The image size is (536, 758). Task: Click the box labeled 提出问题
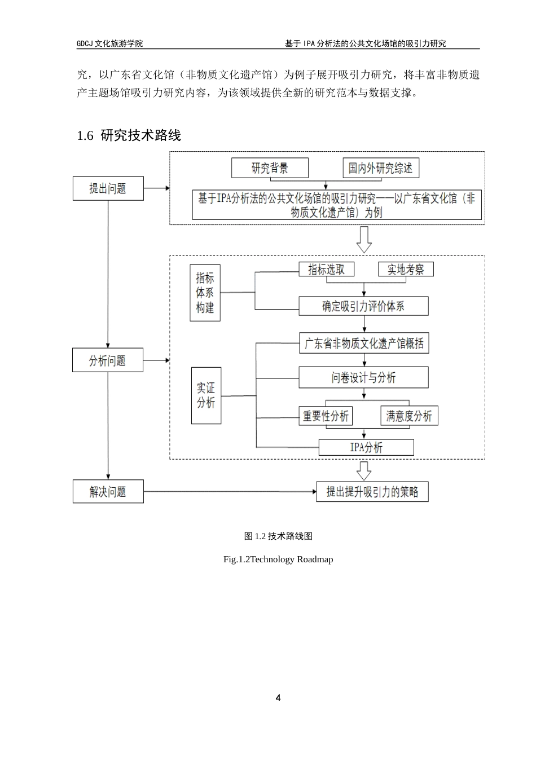click(x=108, y=188)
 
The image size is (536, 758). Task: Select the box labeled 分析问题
click(x=107, y=360)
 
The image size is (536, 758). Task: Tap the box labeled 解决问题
click(x=108, y=492)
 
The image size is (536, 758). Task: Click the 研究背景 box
click(x=270, y=168)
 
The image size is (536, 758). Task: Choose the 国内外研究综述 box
click(x=380, y=168)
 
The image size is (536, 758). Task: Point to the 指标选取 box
click(x=326, y=270)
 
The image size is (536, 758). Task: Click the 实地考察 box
click(x=405, y=270)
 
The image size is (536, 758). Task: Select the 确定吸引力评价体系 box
click(x=363, y=306)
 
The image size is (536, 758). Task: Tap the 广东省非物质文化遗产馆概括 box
click(x=363, y=343)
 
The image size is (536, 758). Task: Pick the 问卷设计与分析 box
click(x=363, y=377)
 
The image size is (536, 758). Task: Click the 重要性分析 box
click(x=326, y=416)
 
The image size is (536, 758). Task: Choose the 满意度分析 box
click(x=409, y=416)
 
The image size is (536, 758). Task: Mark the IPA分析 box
click(x=366, y=448)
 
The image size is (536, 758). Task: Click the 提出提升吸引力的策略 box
click(x=372, y=492)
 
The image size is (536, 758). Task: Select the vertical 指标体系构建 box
click(x=205, y=293)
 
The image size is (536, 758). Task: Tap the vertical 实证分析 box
click(x=206, y=395)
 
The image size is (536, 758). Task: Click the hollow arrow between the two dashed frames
click(x=364, y=240)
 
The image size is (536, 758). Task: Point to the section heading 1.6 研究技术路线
click(x=129, y=135)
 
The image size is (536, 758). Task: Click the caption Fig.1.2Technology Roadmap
click(x=278, y=559)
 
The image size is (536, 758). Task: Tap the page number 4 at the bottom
click(x=278, y=698)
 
